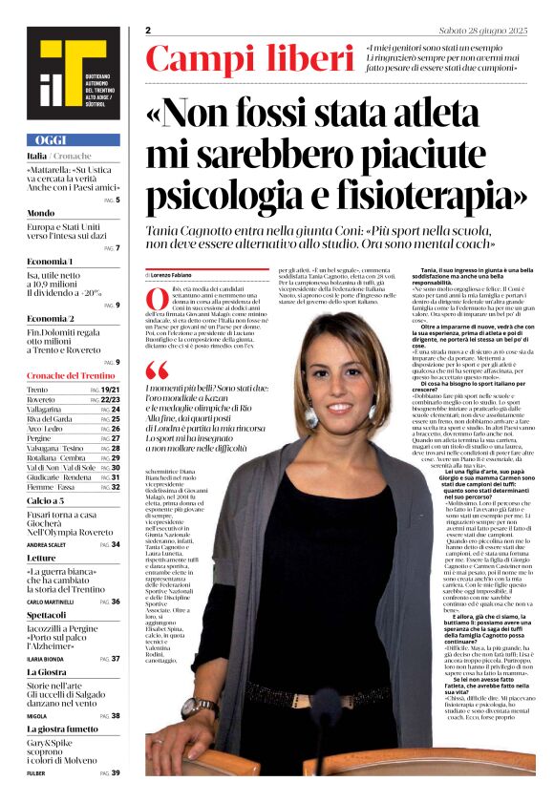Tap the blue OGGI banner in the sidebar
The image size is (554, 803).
tap(73, 139)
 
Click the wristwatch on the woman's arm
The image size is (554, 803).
tap(201, 708)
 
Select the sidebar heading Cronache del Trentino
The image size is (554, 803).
tap(71, 375)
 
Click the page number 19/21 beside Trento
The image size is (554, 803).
tap(110, 391)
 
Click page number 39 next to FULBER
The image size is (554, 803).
tap(116, 772)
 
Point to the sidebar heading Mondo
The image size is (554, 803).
tap(40, 212)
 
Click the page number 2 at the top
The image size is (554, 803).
tap(149, 31)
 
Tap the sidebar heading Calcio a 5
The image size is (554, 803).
tap(46, 500)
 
